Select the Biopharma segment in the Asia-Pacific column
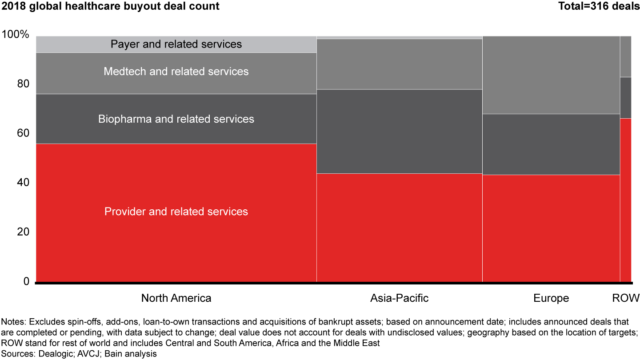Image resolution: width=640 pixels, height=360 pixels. tap(399, 131)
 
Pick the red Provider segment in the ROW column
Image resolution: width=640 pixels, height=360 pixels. tap(625, 200)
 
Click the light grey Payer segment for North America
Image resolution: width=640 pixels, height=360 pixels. tap(67, 44)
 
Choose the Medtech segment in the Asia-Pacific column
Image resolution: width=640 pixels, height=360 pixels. tap(399, 64)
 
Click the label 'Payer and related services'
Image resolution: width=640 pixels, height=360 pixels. tap(176, 44)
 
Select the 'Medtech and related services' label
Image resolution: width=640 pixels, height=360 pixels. tap(176, 71)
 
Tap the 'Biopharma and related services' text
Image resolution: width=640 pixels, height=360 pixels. tap(176, 119)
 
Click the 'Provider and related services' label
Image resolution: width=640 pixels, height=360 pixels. tap(176, 212)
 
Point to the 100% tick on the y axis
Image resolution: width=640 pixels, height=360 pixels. tap(16, 35)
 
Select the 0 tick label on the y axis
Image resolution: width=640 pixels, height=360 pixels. tap(26, 282)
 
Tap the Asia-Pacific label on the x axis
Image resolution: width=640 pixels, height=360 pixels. tap(399, 298)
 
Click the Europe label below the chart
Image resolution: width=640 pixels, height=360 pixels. tap(551, 298)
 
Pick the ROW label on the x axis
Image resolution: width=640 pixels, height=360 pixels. tap(626, 298)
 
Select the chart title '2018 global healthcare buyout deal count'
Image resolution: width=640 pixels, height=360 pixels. tap(110, 6)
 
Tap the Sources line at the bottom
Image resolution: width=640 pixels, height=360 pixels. tap(79, 354)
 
